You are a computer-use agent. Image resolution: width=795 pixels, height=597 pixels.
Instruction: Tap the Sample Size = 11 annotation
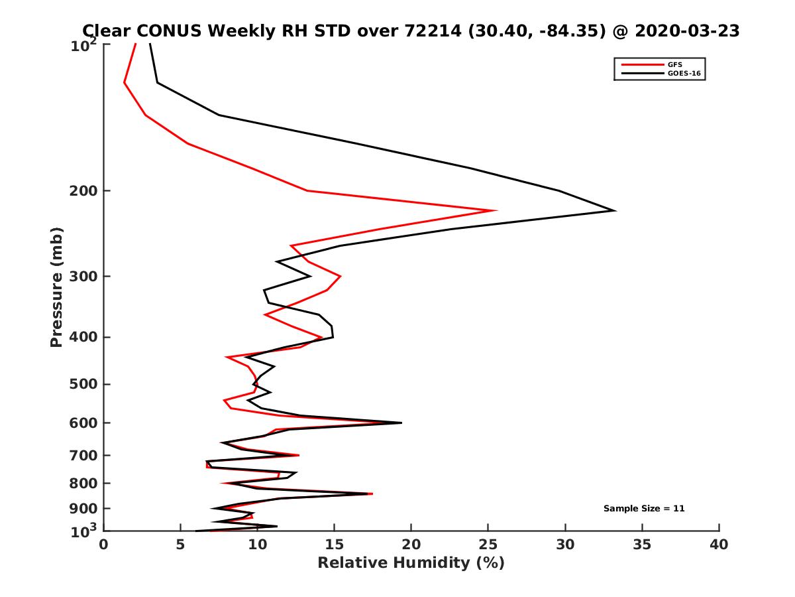(643, 509)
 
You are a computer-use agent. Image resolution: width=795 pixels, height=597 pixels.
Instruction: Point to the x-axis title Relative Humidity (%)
(411, 563)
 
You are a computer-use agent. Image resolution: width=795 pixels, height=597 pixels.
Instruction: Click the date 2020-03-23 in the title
(686, 31)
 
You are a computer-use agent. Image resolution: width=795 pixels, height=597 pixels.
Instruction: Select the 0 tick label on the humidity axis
(103, 545)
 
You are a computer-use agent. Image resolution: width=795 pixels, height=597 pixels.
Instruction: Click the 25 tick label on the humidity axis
(488, 545)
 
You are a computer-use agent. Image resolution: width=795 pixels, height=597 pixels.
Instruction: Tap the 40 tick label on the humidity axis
(719, 545)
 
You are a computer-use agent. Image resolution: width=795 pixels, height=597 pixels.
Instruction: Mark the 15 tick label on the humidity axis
(334, 545)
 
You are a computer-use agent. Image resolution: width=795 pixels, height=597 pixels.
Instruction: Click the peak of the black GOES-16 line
(615, 211)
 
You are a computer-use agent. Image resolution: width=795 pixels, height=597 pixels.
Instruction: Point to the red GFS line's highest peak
(496, 211)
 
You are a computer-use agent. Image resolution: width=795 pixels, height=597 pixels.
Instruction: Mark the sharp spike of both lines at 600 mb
(401, 423)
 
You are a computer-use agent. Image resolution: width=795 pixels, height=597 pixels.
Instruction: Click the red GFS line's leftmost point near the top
(124, 82)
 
